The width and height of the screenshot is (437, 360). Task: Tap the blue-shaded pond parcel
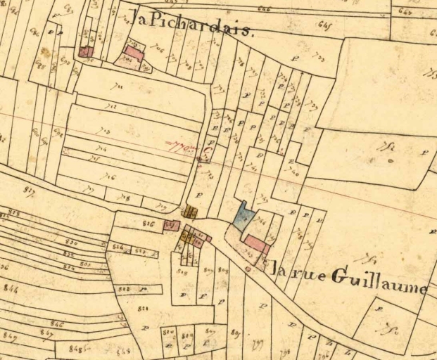tap(243, 216)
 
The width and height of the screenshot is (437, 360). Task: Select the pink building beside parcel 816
tap(172, 225)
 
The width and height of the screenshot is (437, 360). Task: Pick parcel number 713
tap(106, 130)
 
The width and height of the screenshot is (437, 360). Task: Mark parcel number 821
tap(144, 309)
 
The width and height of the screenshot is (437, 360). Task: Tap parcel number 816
tap(148, 224)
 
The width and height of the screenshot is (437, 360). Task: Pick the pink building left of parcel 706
tap(134, 52)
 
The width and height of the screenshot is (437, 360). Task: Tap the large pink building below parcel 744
tap(256, 244)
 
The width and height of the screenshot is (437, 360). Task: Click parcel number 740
tap(294, 174)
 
